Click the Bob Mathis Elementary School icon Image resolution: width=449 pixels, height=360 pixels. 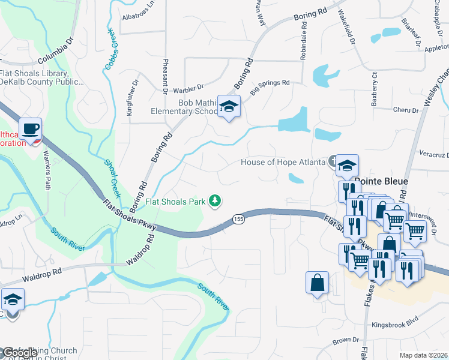click(228, 106)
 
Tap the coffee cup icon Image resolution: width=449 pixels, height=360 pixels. click(30, 128)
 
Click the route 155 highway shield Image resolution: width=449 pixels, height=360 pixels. click(239, 220)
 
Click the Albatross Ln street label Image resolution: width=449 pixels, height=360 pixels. click(138, 19)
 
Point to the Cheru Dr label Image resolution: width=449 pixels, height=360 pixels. click(405, 110)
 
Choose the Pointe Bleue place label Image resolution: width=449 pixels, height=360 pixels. click(381, 181)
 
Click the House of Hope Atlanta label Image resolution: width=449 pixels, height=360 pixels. click(283, 162)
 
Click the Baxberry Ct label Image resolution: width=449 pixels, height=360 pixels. click(374, 89)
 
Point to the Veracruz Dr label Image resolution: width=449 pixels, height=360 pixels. click(433, 154)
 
